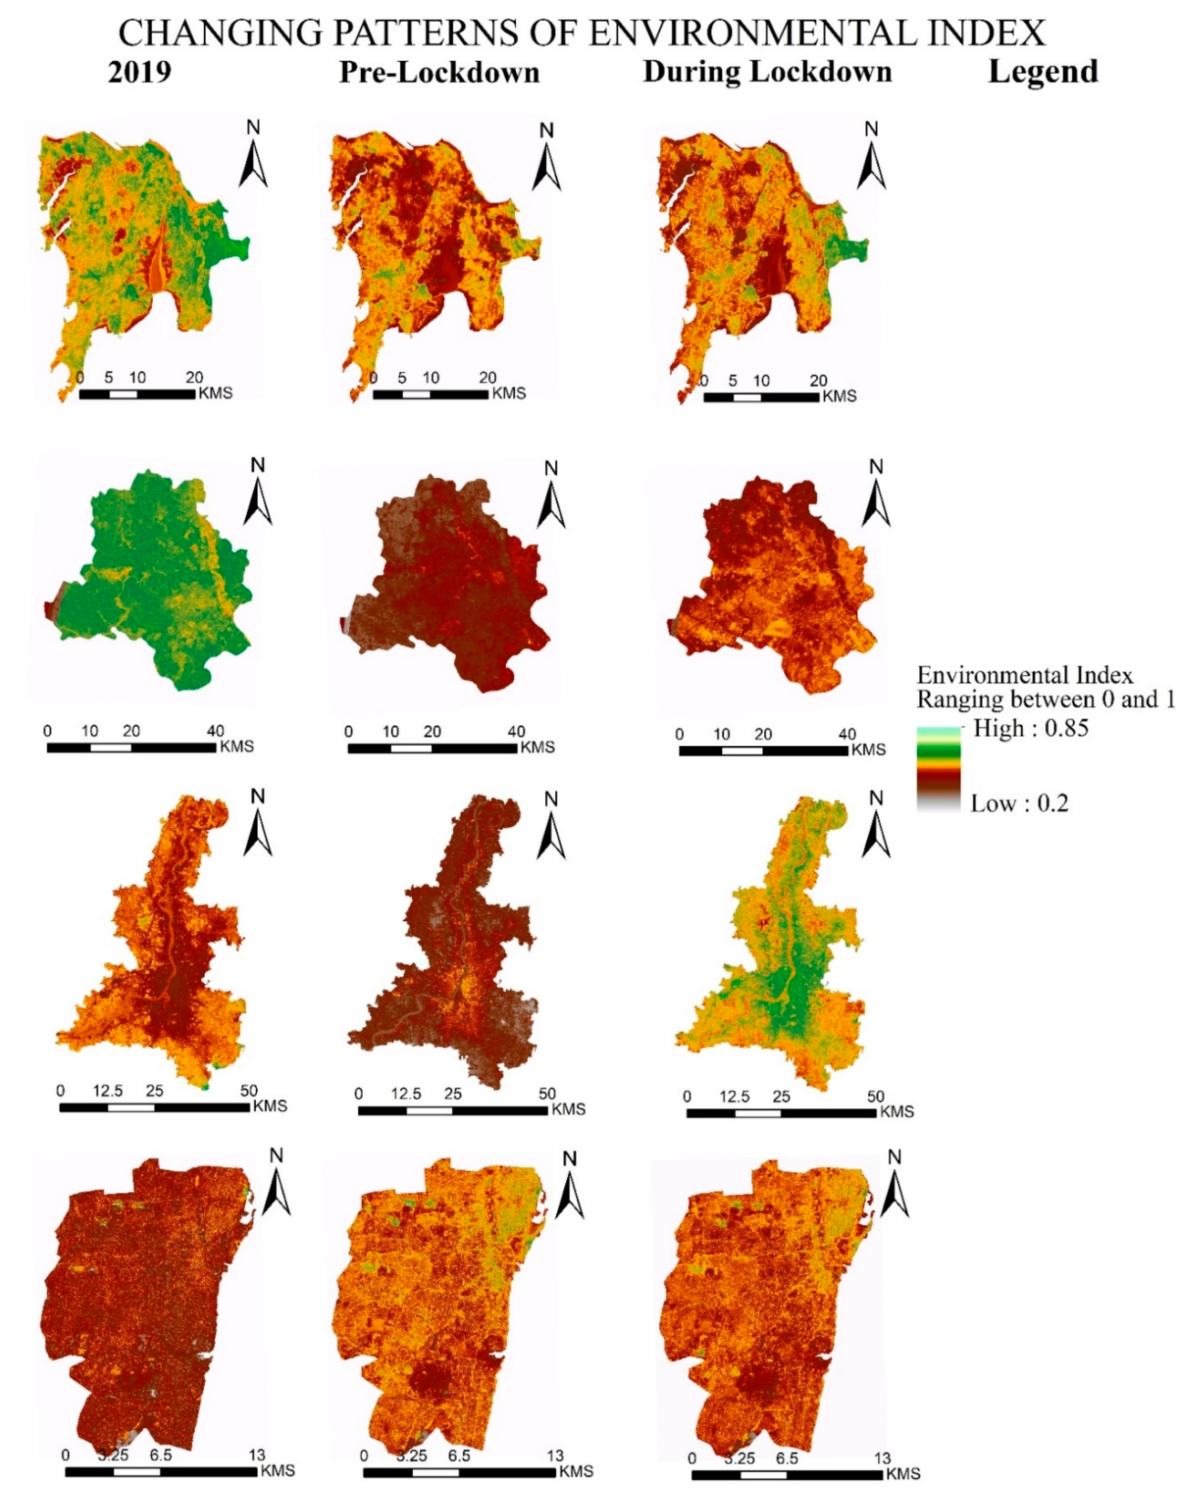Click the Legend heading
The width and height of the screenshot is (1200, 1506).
coord(1042,72)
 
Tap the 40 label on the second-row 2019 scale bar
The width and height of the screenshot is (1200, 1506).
coord(215,731)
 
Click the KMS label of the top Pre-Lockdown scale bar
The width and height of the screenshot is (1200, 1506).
coord(509,393)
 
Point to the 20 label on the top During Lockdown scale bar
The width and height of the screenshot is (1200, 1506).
coord(818,381)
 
